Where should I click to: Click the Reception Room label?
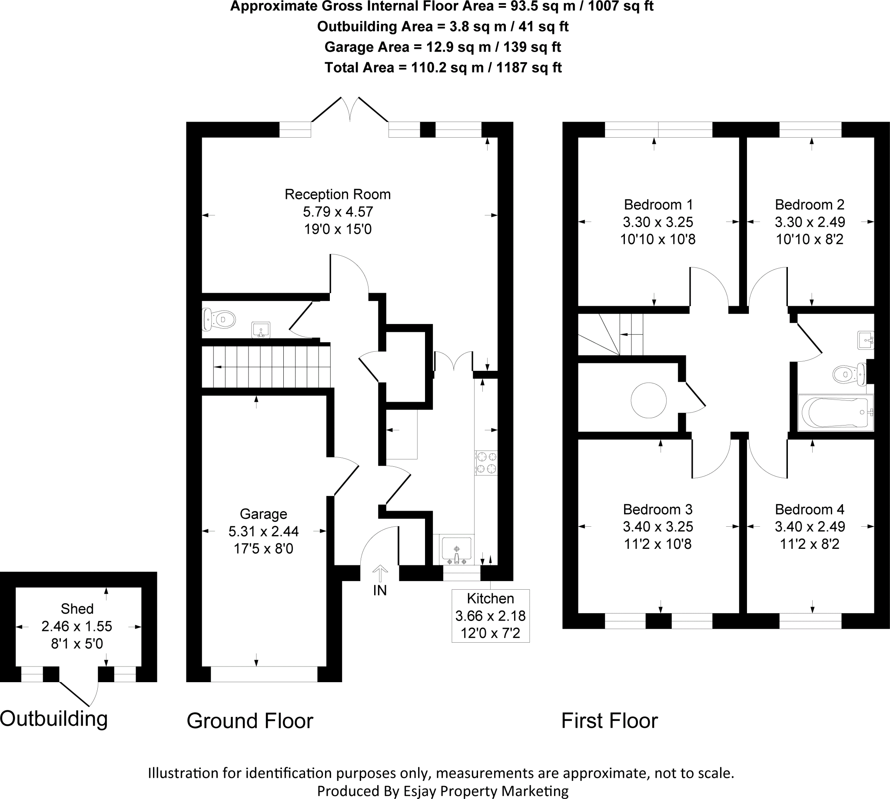pos(337,195)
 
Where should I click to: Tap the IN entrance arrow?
pos(380,574)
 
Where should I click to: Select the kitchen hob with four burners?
pos(486,463)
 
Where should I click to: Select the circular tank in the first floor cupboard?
pos(648,400)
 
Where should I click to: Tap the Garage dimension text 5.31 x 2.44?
pos(263,531)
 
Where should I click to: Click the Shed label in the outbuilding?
pos(77,609)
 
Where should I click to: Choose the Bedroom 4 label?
pos(809,509)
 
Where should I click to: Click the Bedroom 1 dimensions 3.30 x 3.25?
pos(658,222)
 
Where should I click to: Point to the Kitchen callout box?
pos(490,616)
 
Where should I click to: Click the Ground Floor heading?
pos(249,721)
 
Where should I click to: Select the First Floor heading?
pos(609,721)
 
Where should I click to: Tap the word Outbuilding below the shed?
pos(53,719)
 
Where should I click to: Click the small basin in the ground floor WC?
pos(260,330)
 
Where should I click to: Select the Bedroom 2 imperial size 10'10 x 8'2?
pos(809,239)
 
